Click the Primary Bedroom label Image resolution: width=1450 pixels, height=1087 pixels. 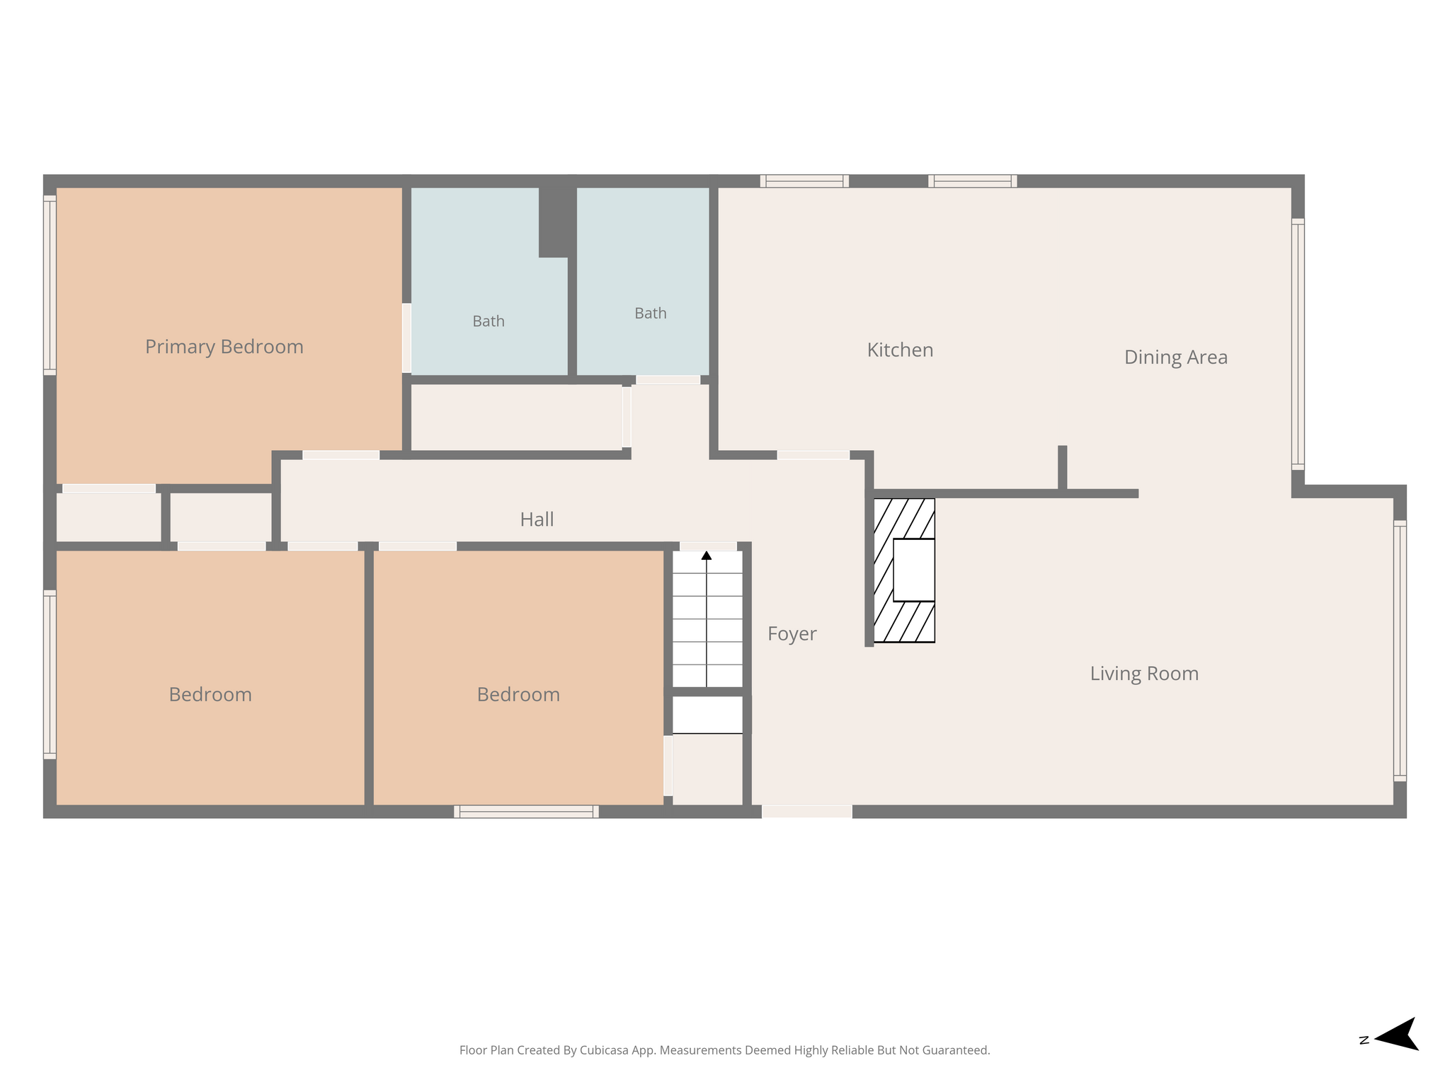[224, 347]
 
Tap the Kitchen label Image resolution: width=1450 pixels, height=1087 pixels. [900, 350]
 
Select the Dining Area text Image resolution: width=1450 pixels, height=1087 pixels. [1175, 357]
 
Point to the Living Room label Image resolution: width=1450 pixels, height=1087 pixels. [1144, 674]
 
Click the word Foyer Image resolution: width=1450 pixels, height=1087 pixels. [792, 634]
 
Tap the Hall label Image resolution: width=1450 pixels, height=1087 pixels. [537, 519]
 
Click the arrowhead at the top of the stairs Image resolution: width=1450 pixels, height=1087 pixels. [707, 556]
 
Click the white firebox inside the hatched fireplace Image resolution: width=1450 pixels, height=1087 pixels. [914, 570]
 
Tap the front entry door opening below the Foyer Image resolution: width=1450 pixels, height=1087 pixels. [806, 812]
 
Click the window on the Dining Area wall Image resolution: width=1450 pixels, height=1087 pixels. [1298, 344]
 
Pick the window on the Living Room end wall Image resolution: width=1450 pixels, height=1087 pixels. [1400, 651]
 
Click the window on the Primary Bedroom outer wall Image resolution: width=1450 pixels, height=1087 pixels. [50, 285]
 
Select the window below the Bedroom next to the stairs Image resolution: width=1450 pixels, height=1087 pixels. [526, 812]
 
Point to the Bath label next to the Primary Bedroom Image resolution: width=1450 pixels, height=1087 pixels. [489, 321]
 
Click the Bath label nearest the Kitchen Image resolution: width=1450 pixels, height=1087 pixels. [650, 314]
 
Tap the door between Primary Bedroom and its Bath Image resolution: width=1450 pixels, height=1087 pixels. [406, 338]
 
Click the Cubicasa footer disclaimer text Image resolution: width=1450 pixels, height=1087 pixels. [724, 1050]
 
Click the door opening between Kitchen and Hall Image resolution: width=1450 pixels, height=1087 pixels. [814, 455]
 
